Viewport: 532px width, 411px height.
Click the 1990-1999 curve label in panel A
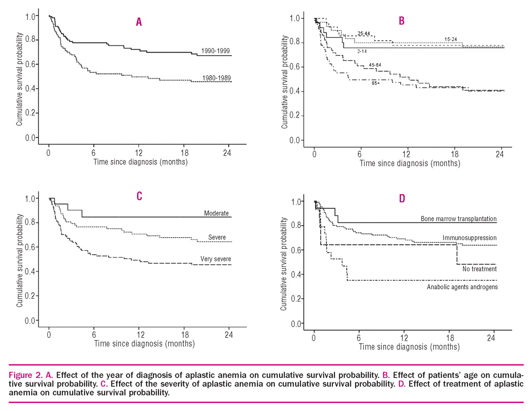[215, 51]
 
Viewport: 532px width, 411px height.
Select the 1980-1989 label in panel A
[216, 78]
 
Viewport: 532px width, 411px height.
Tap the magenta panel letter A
[139, 22]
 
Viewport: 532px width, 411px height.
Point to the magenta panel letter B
[401, 21]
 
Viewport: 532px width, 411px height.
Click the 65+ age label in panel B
[376, 83]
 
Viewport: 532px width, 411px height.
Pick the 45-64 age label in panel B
[375, 65]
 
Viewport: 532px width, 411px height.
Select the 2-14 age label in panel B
[362, 52]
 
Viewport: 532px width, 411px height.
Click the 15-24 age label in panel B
[451, 40]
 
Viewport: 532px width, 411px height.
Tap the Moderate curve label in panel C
[216, 213]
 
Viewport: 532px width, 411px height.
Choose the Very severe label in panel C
[216, 259]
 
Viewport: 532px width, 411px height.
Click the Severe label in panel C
[217, 237]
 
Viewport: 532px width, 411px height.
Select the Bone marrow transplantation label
[458, 219]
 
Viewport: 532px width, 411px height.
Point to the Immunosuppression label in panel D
[469, 238]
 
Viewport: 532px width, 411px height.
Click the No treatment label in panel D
[479, 269]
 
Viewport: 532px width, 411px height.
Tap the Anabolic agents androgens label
[462, 287]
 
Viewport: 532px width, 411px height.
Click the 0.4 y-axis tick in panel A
[31, 89]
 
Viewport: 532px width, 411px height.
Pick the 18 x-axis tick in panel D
[450, 338]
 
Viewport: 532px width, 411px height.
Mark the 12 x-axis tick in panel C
[141, 335]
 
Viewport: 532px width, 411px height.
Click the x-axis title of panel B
[410, 163]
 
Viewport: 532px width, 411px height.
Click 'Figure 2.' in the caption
[25, 375]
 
